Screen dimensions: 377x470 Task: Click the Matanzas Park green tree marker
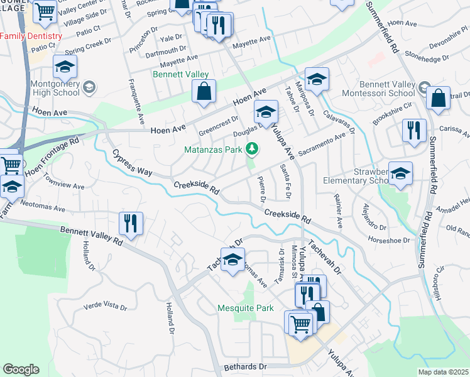click(251, 148)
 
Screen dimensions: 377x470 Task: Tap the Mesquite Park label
click(246, 308)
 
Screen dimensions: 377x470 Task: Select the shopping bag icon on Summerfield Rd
click(438, 99)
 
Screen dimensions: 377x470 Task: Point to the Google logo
click(21, 369)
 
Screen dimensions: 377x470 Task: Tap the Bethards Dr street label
click(246, 366)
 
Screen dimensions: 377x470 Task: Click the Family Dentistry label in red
click(31, 36)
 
